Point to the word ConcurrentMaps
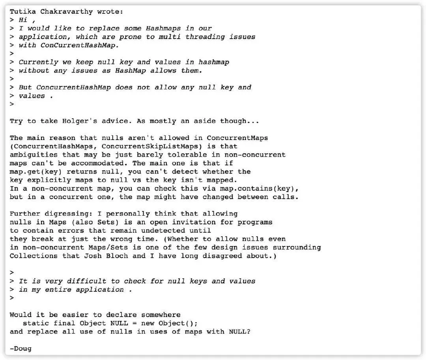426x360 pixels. coord(237,138)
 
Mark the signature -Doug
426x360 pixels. coord(21,349)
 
